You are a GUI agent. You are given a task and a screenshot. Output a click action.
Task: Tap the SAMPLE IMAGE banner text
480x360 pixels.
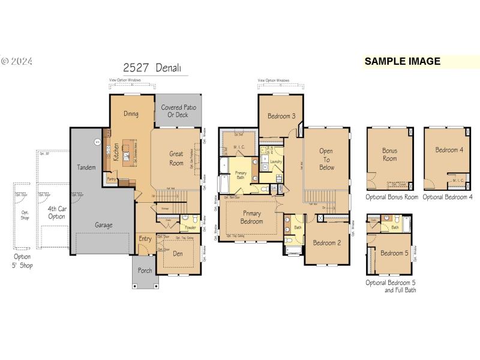coord(402,61)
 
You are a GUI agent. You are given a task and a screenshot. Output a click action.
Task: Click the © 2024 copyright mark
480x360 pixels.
coord(16,61)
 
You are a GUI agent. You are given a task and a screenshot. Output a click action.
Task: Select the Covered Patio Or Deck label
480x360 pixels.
coord(179,111)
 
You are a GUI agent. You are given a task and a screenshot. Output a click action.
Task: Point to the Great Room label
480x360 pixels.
coord(176,158)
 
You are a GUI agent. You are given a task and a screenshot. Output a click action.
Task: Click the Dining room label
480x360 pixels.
coord(131,113)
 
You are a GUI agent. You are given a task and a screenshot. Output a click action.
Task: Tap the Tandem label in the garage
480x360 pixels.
coord(86,167)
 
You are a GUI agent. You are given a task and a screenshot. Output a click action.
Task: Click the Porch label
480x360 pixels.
coord(145,271)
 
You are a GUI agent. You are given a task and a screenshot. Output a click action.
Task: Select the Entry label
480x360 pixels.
coord(145,239)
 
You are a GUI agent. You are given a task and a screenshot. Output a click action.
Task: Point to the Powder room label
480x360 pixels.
coord(191,227)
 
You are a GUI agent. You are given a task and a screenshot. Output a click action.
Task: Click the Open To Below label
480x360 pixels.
coord(326,160)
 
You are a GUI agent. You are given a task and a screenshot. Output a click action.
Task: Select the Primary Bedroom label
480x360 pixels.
coord(252,217)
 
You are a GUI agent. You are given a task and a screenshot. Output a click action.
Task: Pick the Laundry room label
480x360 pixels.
coord(277,162)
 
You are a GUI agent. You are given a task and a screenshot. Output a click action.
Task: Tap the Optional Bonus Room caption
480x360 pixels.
coord(392,197)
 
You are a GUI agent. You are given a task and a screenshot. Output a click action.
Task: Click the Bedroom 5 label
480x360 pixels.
coord(394,253)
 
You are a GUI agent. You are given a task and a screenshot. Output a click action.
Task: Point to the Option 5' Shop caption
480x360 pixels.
coord(23,261)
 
